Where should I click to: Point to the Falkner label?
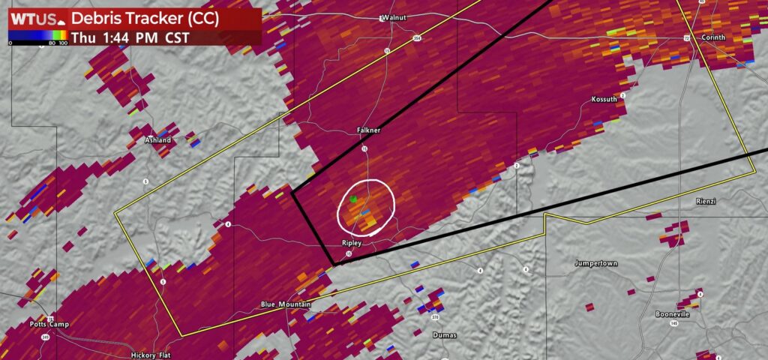click(x=368, y=130)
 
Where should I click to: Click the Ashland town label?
click(x=158, y=140)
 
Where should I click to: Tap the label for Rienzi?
click(x=708, y=200)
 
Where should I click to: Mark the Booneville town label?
click(x=672, y=314)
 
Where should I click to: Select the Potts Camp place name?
click(x=49, y=324)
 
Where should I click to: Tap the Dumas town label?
click(x=445, y=335)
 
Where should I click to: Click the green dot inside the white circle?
click(x=354, y=199)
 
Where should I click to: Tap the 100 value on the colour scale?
click(x=63, y=43)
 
